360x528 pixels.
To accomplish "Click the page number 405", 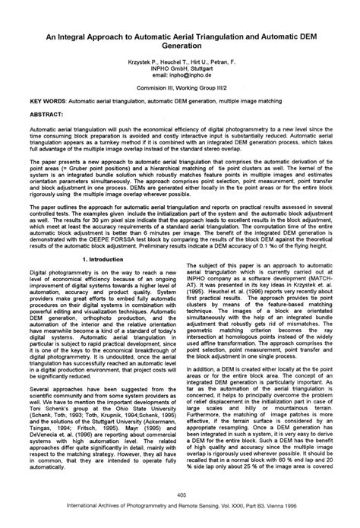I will tap(180, 497).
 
